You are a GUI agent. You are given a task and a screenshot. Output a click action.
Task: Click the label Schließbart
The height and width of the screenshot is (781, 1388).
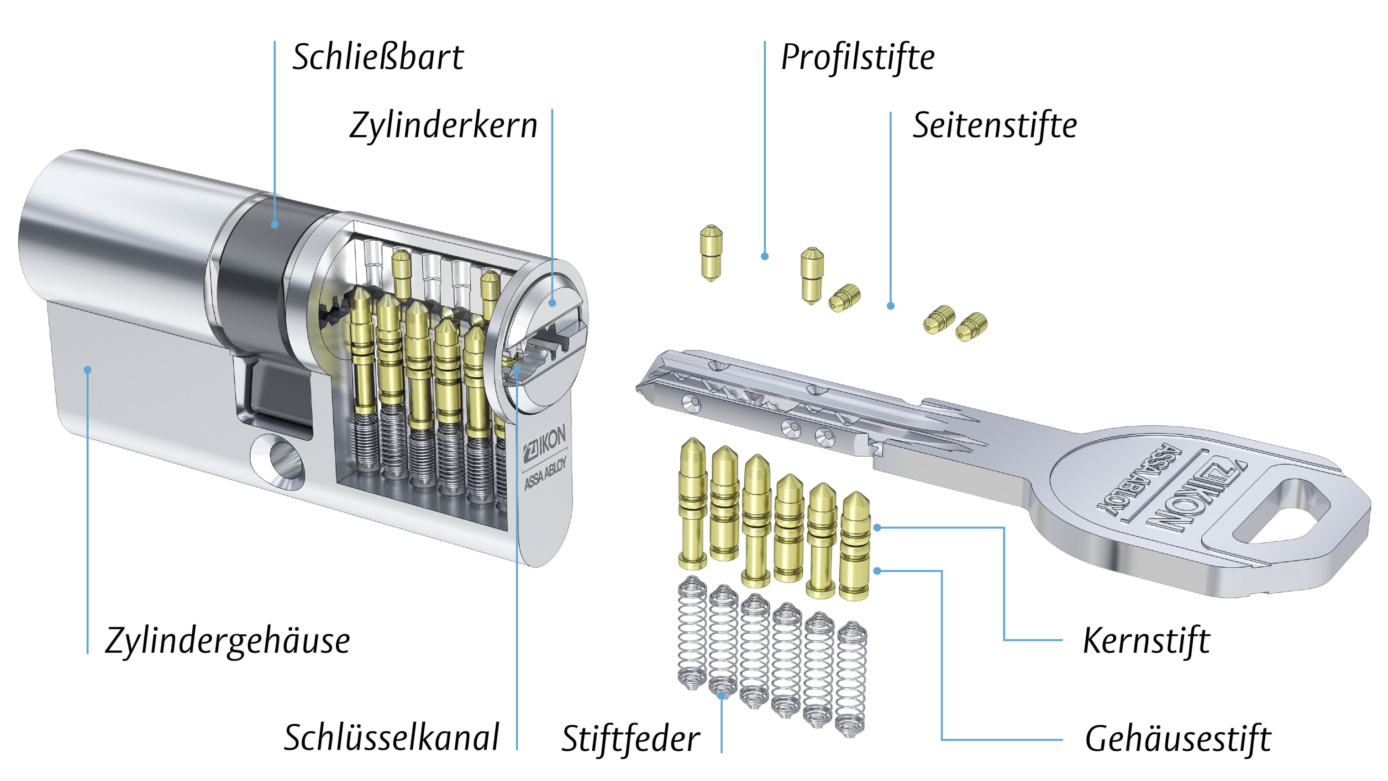pyautogui.click(x=378, y=57)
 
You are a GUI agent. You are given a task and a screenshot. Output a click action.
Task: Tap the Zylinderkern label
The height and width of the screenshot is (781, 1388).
pyautogui.click(x=443, y=126)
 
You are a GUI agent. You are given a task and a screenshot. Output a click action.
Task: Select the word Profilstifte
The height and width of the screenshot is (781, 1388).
pyautogui.click(x=857, y=57)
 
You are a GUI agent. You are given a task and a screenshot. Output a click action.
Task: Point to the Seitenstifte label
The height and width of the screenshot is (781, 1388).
pyautogui.click(x=994, y=125)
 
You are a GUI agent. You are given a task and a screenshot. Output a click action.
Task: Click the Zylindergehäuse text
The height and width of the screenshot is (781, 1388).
pyautogui.click(x=227, y=641)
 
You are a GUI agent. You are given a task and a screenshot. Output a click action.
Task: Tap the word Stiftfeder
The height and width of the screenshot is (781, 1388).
pyautogui.click(x=631, y=739)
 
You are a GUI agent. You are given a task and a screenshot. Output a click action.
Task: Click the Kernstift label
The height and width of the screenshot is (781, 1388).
pyautogui.click(x=1146, y=641)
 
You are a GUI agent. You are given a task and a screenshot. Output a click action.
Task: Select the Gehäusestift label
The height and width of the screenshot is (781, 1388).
pyautogui.click(x=1178, y=739)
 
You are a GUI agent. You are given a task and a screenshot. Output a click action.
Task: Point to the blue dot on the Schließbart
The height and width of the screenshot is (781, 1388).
pyautogui.click(x=275, y=224)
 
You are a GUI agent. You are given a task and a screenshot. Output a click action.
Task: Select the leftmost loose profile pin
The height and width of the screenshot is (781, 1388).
pyautogui.click(x=711, y=253)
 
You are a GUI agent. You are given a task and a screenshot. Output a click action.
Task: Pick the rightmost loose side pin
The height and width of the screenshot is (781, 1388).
pyautogui.click(x=971, y=327)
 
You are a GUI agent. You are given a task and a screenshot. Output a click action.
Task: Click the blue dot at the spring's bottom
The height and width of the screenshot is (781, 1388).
pyautogui.click(x=722, y=695)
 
